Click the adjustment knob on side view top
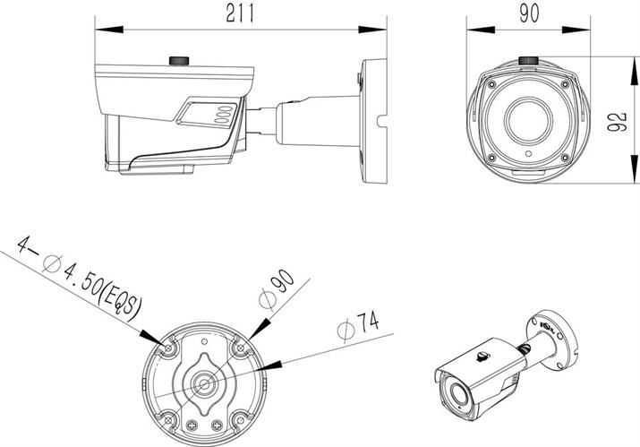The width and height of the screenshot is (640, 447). (x=180, y=61)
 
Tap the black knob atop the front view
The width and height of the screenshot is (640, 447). (x=528, y=61)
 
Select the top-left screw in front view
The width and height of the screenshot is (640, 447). (x=491, y=82)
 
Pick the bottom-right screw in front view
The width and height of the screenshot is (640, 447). (x=565, y=156)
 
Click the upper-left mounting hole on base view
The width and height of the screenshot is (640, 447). (x=167, y=345)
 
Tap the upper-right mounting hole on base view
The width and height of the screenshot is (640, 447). (x=238, y=345)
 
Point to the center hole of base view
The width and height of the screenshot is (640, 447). (x=203, y=382)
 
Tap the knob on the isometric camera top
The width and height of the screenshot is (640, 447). (x=481, y=355)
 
